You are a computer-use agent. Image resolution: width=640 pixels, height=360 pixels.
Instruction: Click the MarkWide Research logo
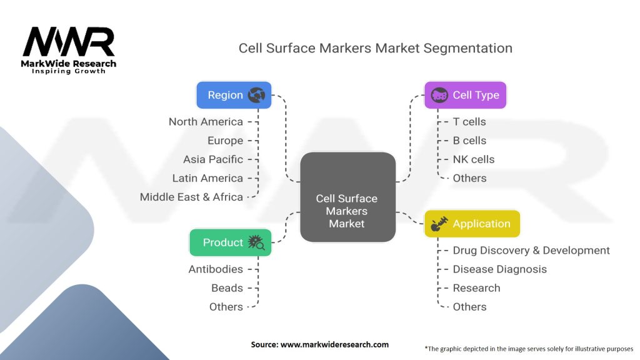tap(69, 50)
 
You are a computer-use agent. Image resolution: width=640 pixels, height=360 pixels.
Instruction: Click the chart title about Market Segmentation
tap(375, 48)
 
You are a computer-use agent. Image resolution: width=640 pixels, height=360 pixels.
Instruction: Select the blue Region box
tap(234, 95)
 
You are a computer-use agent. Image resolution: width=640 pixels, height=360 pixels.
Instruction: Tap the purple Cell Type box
tap(465, 95)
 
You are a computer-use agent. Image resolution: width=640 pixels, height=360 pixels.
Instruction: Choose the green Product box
tap(231, 242)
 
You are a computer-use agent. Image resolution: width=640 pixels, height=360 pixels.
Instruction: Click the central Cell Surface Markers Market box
tap(347, 197)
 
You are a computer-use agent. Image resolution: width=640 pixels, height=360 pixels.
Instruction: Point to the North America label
tap(206, 122)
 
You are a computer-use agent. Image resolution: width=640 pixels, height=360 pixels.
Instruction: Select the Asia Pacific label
tap(213, 159)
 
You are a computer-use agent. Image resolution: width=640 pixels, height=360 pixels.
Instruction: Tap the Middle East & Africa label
tap(191, 197)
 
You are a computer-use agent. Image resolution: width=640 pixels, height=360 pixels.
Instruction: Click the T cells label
tap(469, 122)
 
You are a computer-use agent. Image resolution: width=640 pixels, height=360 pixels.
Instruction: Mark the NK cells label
tap(474, 159)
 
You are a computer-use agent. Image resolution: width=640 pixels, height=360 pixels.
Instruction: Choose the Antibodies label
tap(216, 269)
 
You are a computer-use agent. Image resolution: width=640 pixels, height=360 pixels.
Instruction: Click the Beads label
tap(227, 288)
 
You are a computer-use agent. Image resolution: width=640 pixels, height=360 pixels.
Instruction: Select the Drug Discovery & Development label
tap(531, 251)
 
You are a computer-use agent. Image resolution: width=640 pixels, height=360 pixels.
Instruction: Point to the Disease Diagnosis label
tap(500, 269)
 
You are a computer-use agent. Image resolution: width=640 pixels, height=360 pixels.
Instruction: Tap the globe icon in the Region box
tap(256, 95)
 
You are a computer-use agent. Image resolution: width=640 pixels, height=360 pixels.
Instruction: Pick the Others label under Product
tap(226, 307)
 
